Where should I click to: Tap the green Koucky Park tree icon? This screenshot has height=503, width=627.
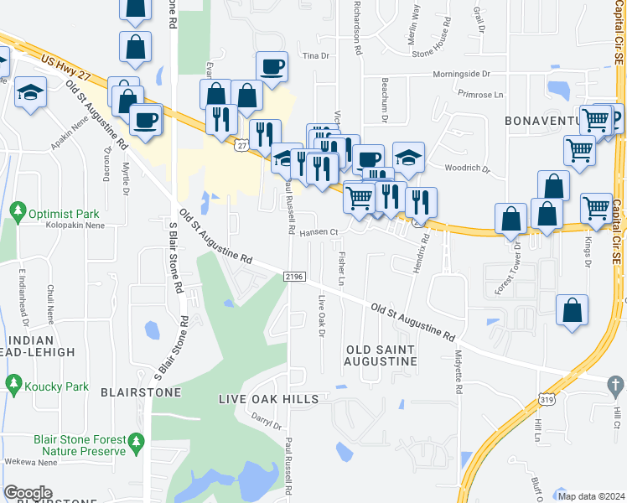[13, 385]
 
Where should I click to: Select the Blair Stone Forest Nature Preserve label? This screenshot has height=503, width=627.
[80, 445]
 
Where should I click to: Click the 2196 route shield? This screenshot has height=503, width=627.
[295, 276]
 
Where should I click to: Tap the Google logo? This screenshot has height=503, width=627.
[28, 493]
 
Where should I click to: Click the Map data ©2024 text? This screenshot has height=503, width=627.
[591, 495]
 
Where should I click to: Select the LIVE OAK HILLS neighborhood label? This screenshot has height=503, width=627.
[268, 399]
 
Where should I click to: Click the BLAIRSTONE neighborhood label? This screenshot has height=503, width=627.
[141, 392]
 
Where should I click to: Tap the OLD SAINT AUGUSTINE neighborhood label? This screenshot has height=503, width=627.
[381, 355]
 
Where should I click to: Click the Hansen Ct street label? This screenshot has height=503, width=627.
[319, 233]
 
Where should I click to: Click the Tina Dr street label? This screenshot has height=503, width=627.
[316, 55]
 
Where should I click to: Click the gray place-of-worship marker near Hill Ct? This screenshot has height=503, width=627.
[615, 385]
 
